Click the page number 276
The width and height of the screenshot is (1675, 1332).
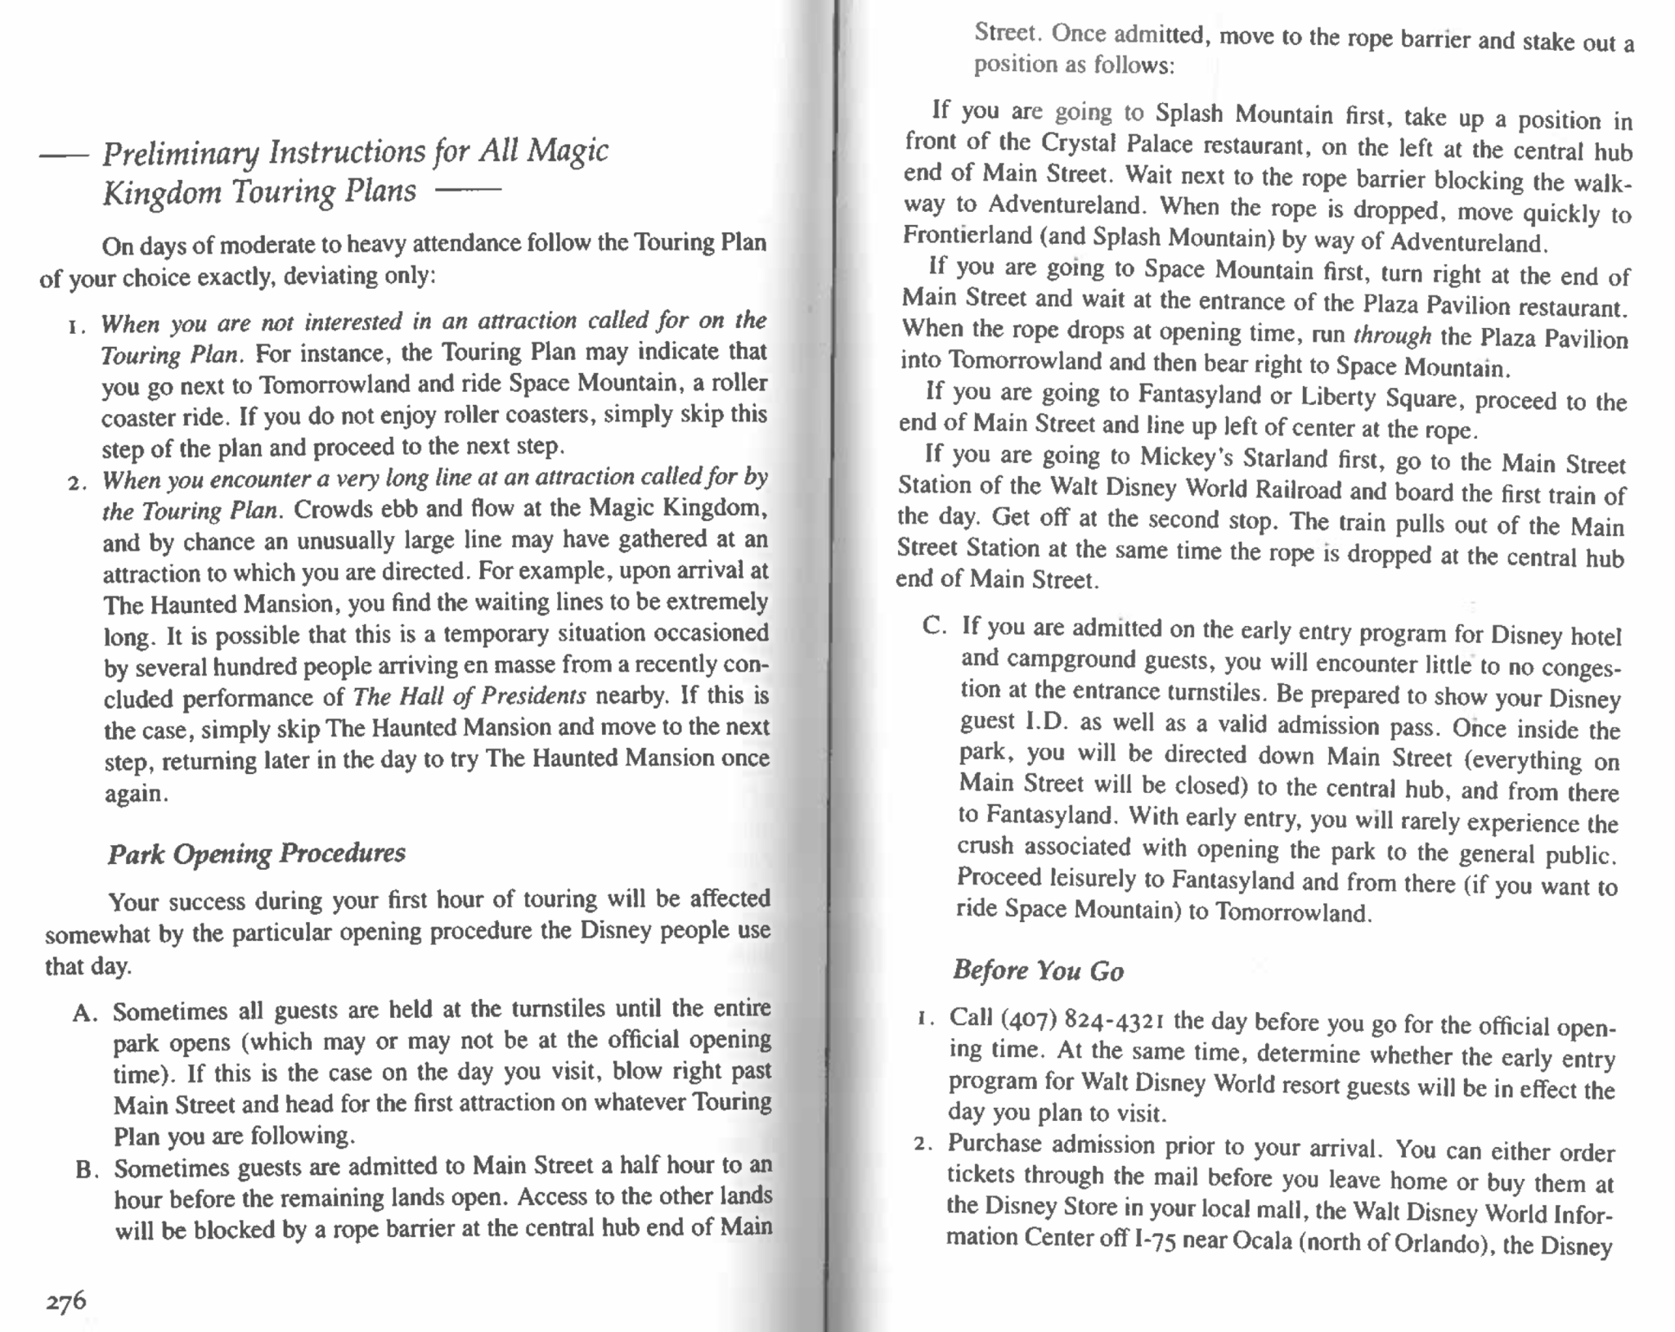[x=65, y=1301]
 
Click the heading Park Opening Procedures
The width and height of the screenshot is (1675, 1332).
[x=256, y=853]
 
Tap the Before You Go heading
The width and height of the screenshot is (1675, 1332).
[x=1038, y=970]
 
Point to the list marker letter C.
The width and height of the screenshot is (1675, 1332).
[x=933, y=626]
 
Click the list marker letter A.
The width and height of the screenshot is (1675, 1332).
[x=84, y=1014]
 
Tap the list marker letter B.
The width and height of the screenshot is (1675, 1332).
[x=86, y=1169]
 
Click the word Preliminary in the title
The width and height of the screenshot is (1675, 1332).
[x=180, y=153]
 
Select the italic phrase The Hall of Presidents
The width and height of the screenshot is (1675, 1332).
[x=469, y=696]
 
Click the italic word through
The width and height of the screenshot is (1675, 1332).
[x=1391, y=335]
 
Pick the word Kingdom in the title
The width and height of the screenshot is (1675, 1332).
[x=162, y=193]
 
